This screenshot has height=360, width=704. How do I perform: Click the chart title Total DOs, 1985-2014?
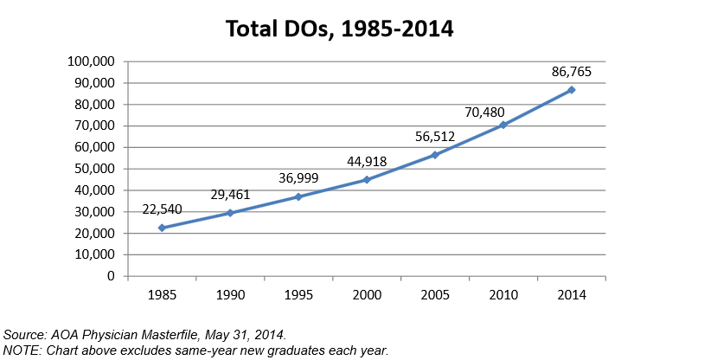click(x=340, y=29)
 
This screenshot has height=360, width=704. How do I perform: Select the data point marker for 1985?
click(x=162, y=228)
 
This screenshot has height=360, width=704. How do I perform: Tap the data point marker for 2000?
click(x=367, y=180)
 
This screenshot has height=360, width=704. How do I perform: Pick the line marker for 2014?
click(x=572, y=90)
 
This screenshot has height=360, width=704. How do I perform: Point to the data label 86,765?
click(x=572, y=71)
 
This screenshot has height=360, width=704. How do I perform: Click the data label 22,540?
click(x=162, y=209)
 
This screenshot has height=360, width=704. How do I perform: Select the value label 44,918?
click(x=367, y=161)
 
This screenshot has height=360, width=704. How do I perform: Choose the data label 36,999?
click(x=298, y=178)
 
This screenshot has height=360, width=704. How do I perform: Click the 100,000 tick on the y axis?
click(x=92, y=62)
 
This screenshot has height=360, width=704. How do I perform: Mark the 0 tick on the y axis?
click(x=112, y=276)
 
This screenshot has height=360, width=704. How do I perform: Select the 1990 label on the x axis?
click(x=230, y=294)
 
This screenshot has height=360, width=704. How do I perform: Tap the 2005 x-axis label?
click(x=435, y=294)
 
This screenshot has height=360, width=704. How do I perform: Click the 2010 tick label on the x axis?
click(x=503, y=294)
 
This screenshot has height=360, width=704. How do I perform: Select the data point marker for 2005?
click(x=435, y=155)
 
